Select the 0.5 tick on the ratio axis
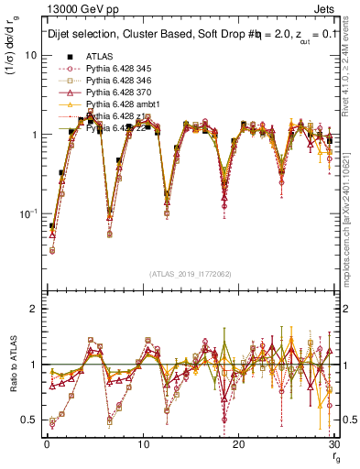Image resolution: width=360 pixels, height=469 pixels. tap(31, 420)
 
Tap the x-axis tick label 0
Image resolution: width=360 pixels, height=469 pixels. tap(46, 444)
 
